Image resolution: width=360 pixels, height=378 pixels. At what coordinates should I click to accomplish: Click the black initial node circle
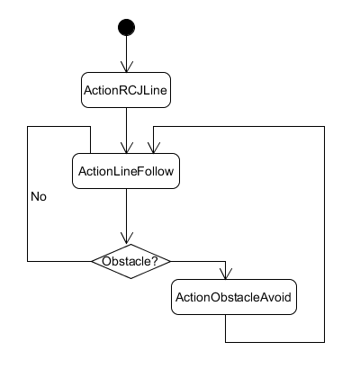(x=126, y=27)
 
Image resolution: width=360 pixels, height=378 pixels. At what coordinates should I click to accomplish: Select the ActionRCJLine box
(x=126, y=90)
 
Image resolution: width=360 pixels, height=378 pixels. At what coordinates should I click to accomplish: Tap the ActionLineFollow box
(x=126, y=171)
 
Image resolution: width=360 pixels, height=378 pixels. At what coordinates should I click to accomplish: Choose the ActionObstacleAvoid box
(x=234, y=297)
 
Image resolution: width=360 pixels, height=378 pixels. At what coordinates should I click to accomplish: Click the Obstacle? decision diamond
(x=130, y=261)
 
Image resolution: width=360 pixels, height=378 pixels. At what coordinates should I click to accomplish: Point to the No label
(x=39, y=197)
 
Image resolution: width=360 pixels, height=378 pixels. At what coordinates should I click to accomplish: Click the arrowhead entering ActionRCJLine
(x=127, y=67)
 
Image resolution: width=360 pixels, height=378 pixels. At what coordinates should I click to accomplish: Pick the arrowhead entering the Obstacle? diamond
(x=127, y=238)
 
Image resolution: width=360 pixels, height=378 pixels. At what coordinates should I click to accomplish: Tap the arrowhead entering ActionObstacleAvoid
(x=226, y=274)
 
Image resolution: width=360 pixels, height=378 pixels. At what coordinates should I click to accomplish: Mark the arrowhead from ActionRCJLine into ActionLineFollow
(x=127, y=148)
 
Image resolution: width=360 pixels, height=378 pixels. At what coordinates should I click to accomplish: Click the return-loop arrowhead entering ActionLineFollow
(x=154, y=148)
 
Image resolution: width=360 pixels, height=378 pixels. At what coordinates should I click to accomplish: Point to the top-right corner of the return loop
(x=324, y=127)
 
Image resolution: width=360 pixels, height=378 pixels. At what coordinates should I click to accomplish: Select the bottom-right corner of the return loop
(x=324, y=342)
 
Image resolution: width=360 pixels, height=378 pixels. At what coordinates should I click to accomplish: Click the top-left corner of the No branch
(x=28, y=127)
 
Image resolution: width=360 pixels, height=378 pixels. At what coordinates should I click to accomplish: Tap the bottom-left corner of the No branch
(x=28, y=261)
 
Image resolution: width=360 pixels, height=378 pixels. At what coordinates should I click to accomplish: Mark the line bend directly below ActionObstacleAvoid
(x=226, y=342)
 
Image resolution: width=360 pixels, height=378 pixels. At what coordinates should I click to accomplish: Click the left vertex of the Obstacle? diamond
(x=92, y=261)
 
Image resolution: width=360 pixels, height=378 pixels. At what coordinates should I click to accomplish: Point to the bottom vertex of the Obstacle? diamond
(x=130, y=278)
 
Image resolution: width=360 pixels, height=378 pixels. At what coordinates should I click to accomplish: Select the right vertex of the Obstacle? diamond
(x=170, y=261)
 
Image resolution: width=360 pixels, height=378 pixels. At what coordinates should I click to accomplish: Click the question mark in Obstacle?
(x=155, y=261)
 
